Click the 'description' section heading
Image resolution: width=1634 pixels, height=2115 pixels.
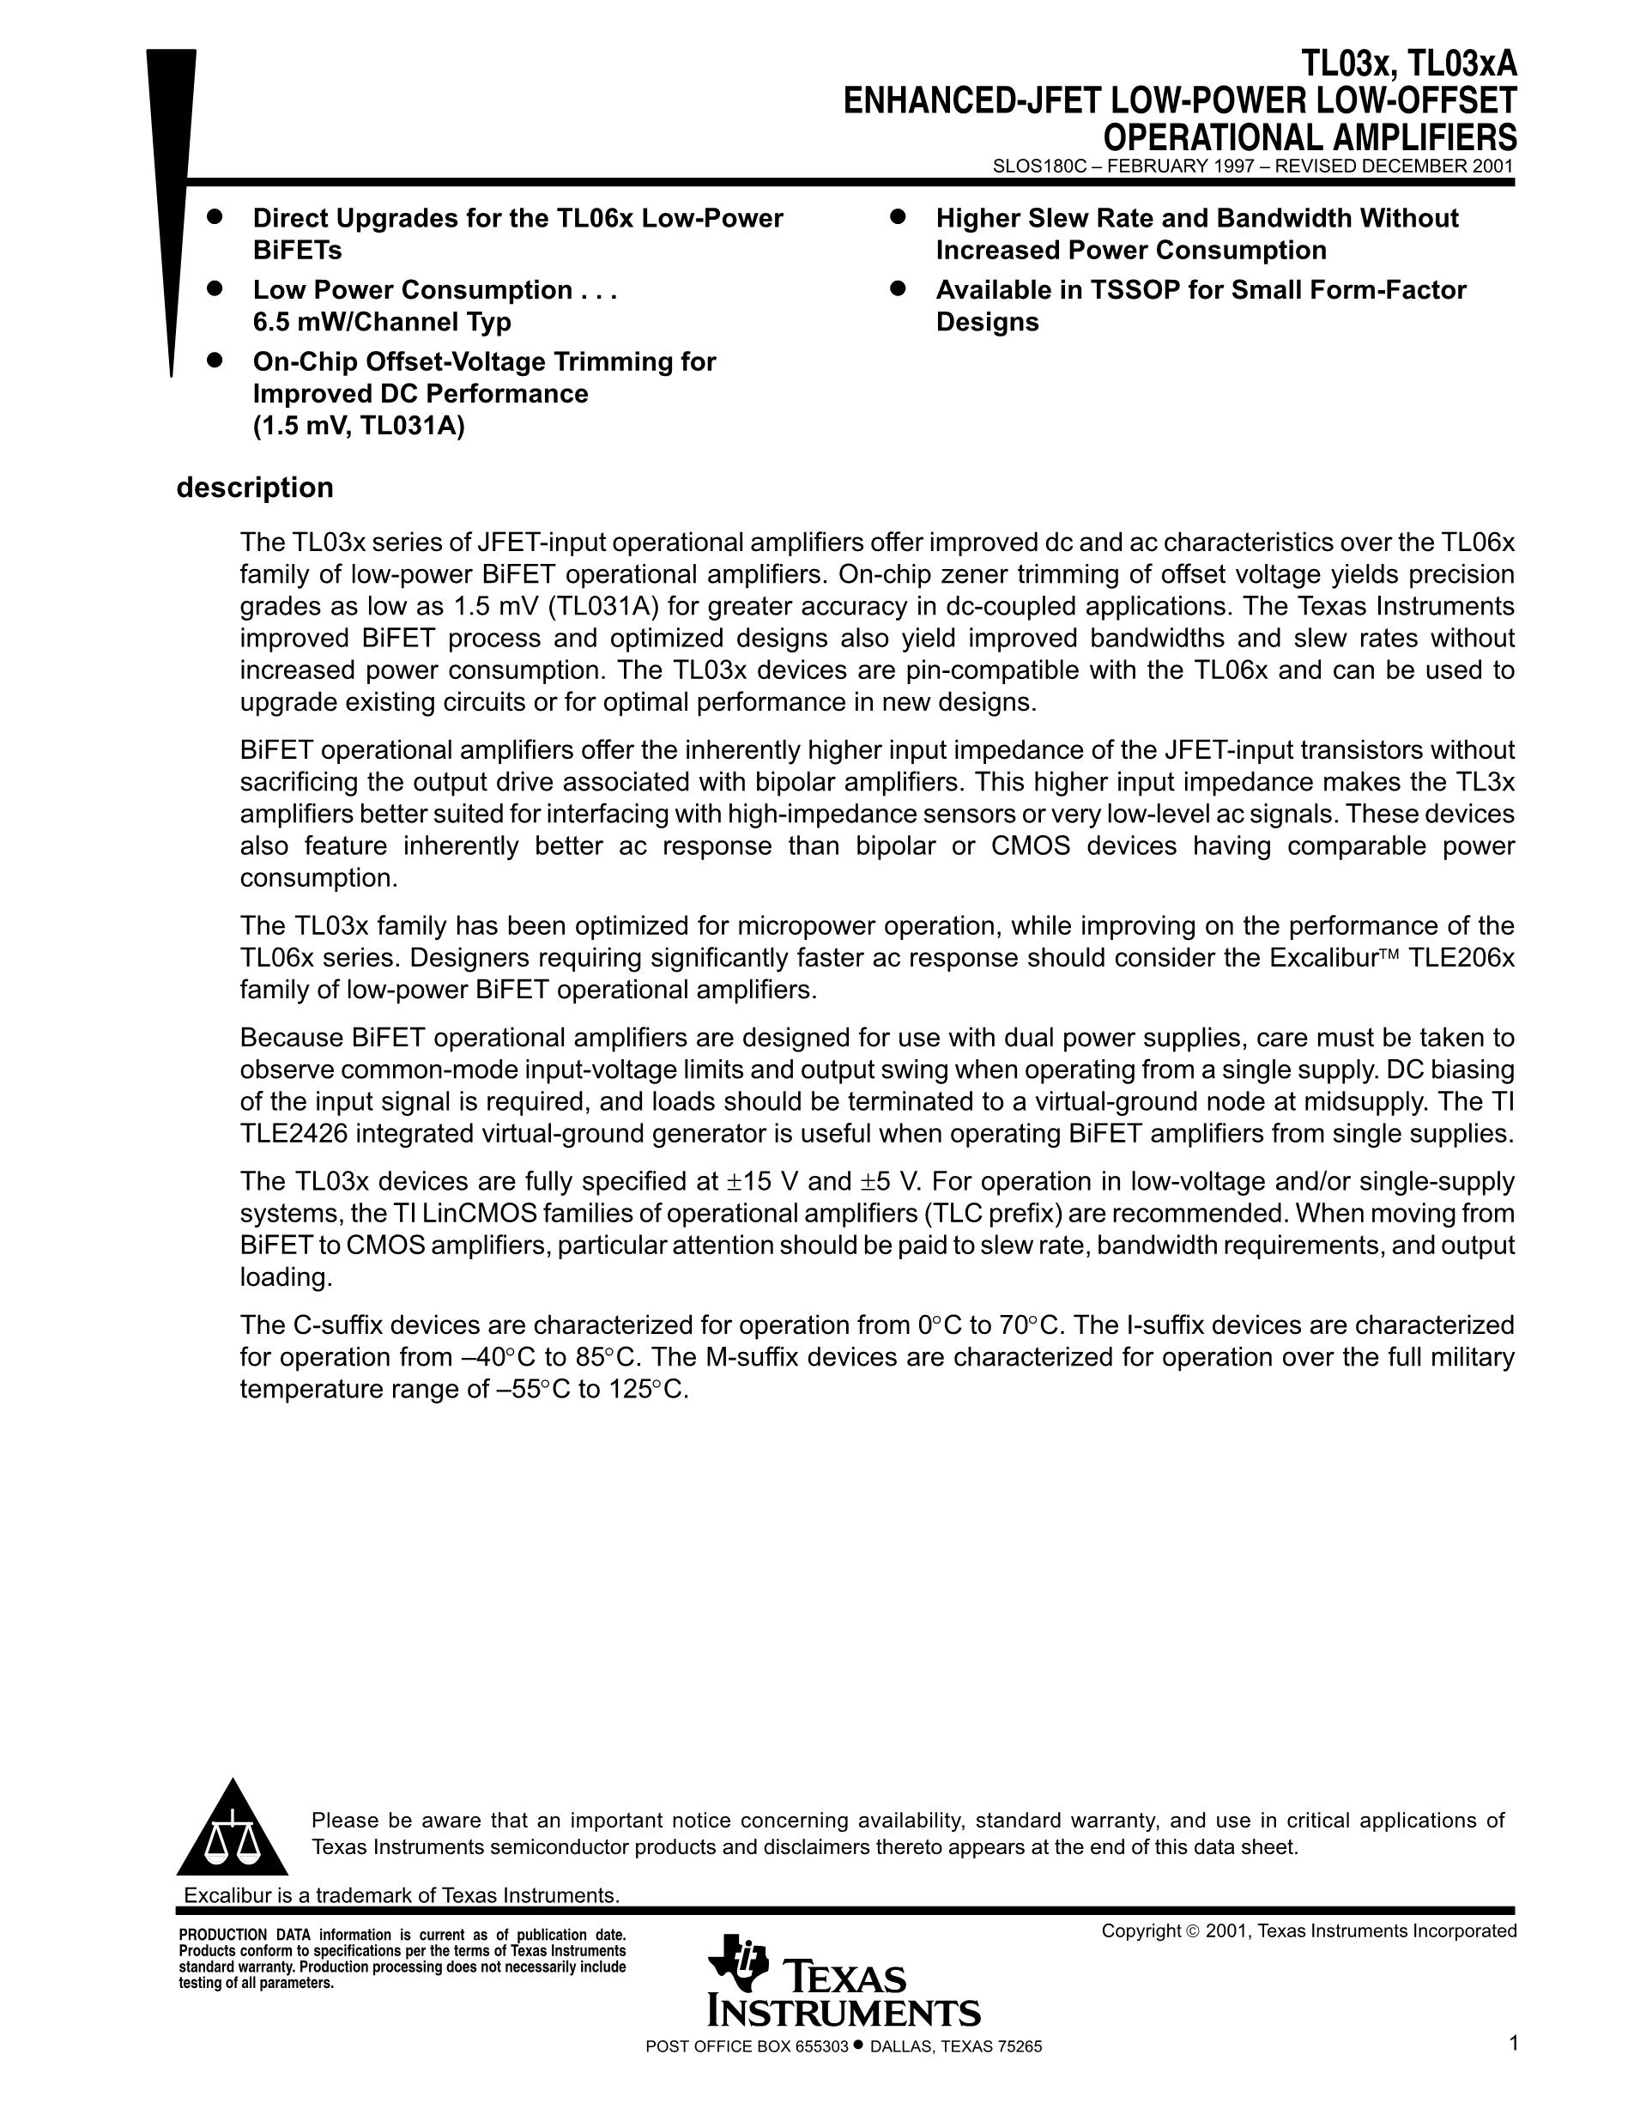(255, 487)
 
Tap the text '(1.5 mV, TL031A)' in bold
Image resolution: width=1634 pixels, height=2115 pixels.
(358, 426)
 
